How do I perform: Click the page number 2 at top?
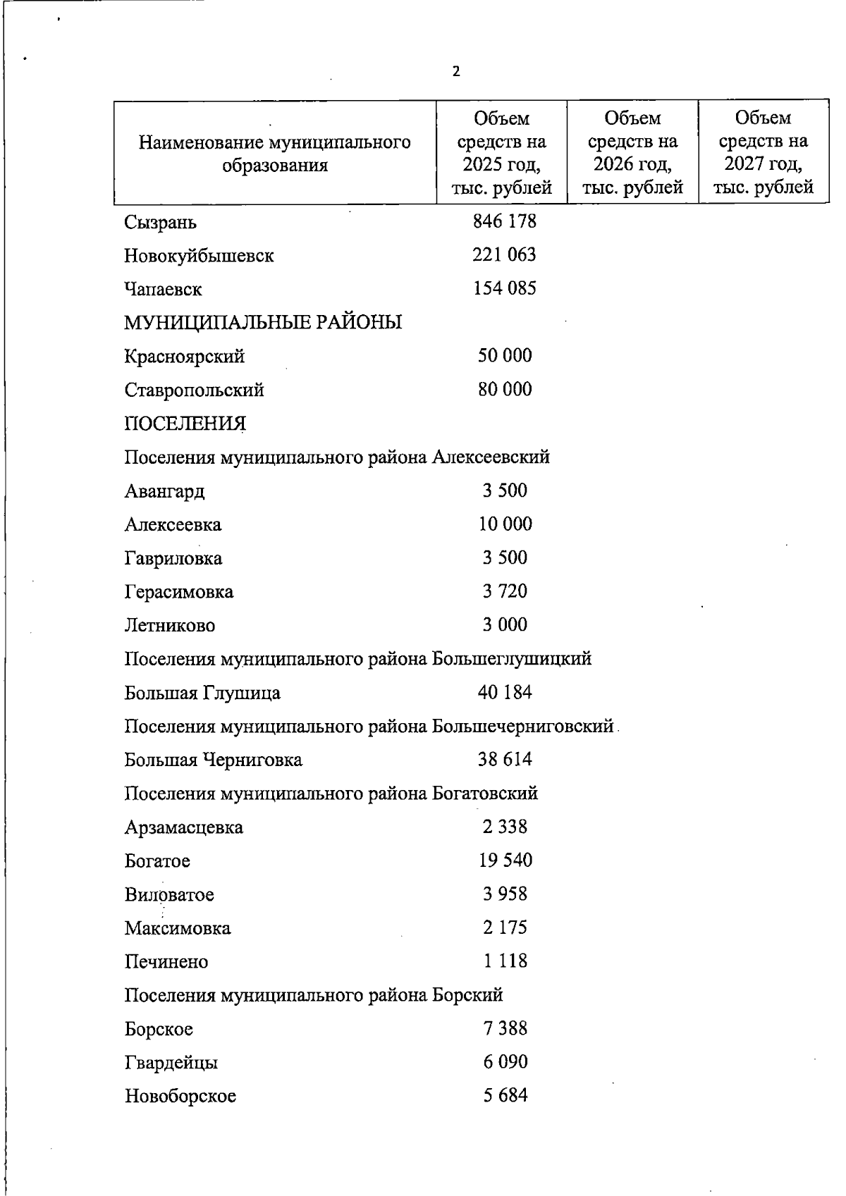click(x=456, y=72)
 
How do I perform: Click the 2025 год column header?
click(x=501, y=153)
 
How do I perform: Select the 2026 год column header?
click(x=632, y=153)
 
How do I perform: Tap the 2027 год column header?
click(x=763, y=153)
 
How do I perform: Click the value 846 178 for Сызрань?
click(x=504, y=221)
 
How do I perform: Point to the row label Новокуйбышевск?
click(x=199, y=255)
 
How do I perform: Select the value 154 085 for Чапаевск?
click(x=504, y=288)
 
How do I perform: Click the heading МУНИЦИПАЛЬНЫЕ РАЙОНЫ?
click(x=263, y=323)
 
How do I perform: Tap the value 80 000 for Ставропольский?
click(x=505, y=390)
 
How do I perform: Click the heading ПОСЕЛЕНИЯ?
click(x=185, y=424)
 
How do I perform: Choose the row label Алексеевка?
click(x=173, y=525)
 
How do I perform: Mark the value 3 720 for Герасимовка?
click(x=505, y=591)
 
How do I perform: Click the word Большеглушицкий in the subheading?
click(x=512, y=659)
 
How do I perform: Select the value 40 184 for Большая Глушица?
click(x=505, y=692)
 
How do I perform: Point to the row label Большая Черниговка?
click(x=213, y=760)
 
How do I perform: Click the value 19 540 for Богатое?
click(x=505, y=861)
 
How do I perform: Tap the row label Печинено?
click(x=166, y=962)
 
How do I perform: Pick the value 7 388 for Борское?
click(x=505, y=1029)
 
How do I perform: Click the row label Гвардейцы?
click(x=171, y=1063)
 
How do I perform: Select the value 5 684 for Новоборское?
click(x=505, y=1096)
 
